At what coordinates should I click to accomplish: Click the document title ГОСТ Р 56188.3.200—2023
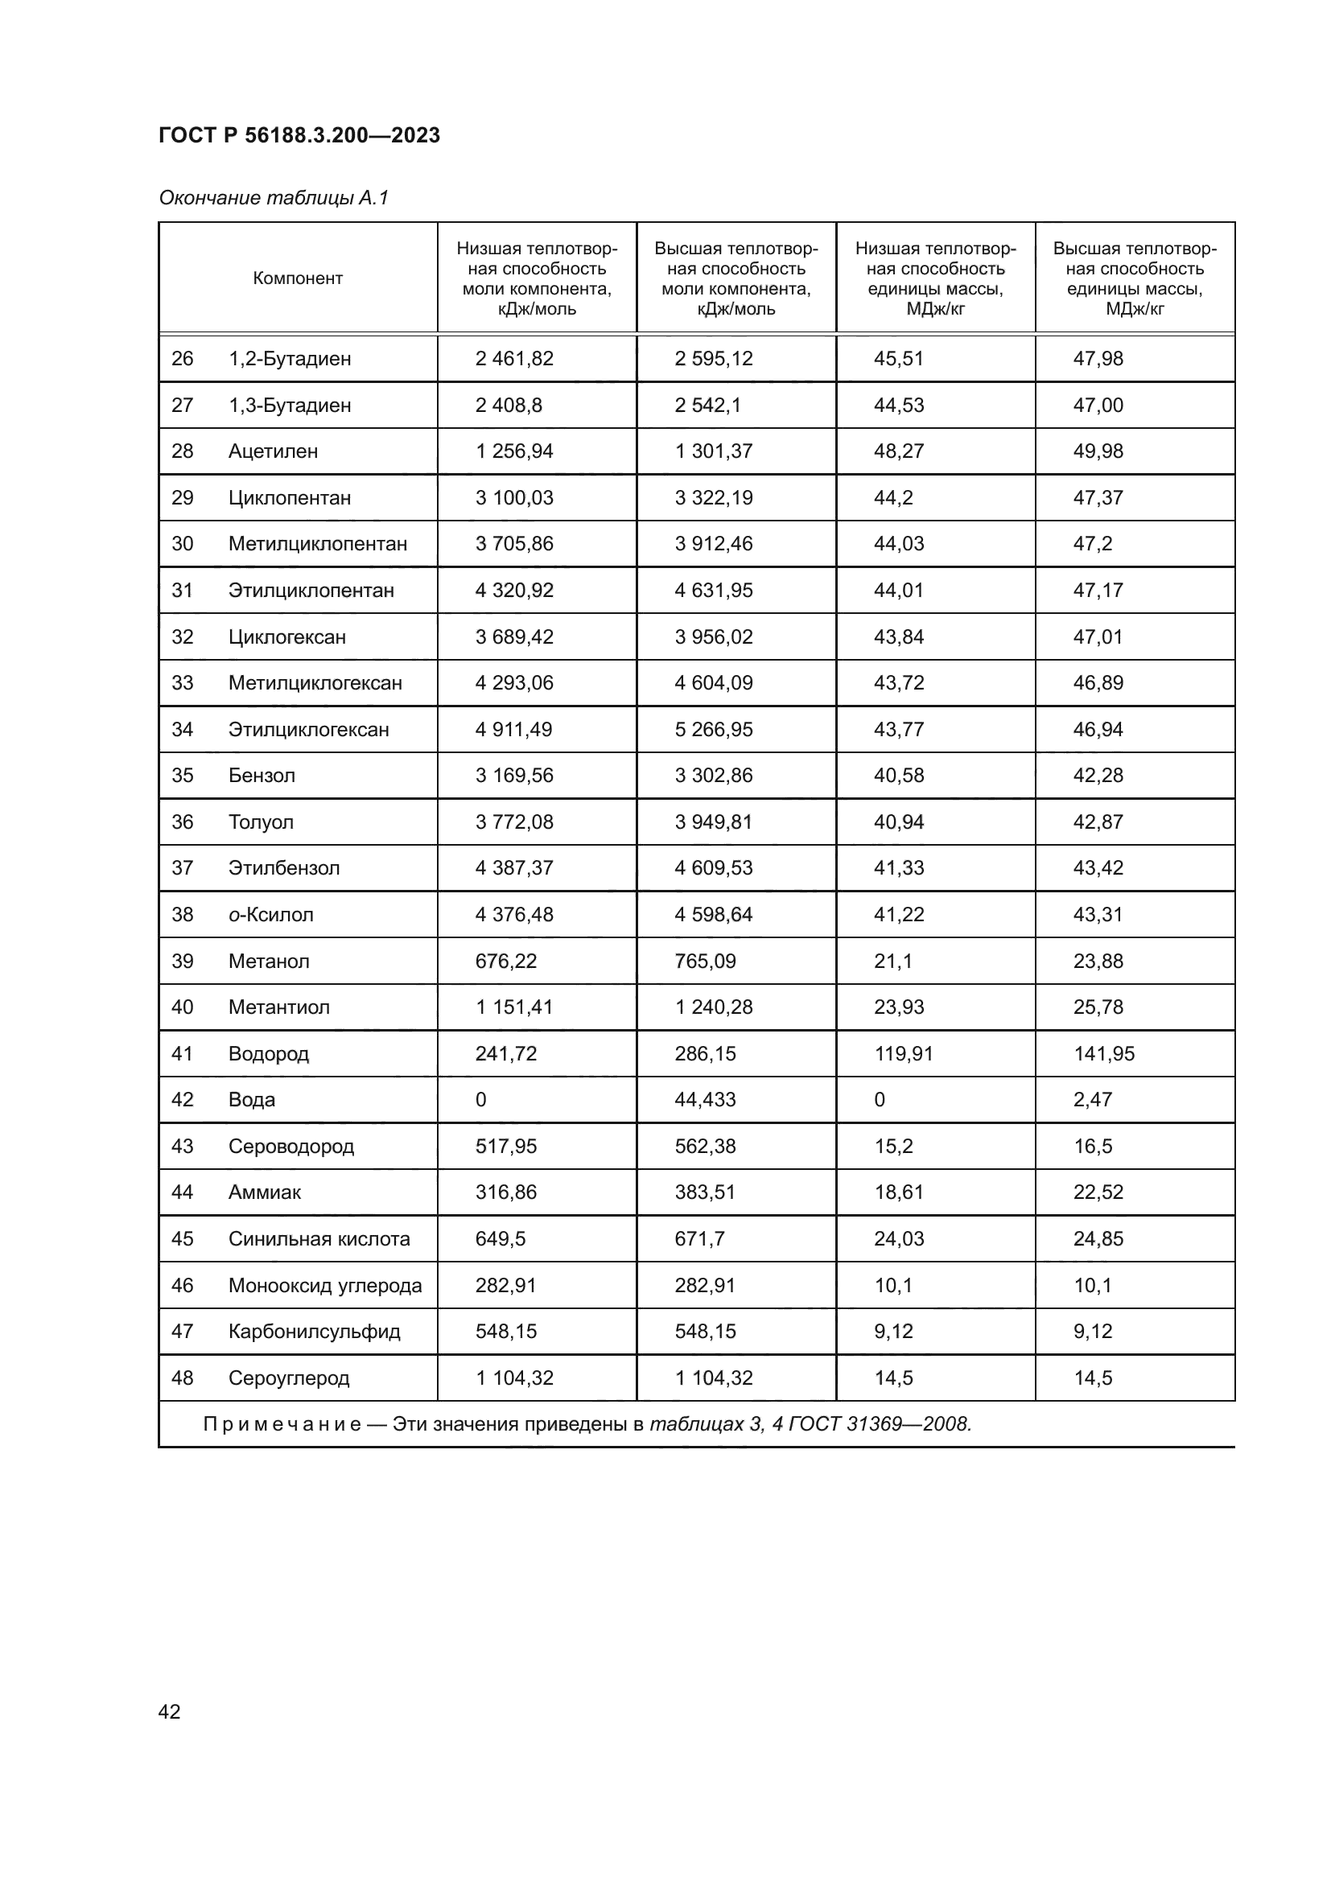tap(299, 135)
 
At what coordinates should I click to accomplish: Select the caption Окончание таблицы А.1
tap(273, 198)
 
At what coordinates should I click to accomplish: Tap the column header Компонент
tap(298, 278)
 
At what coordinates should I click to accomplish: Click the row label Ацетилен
tap(273, 451)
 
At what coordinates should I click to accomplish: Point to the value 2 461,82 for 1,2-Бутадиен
tap(514, 358)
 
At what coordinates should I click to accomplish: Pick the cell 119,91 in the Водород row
tap(903, 1053)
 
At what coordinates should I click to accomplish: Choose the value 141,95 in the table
tap(1104, 1053)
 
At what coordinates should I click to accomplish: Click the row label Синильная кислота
tap(319, 1238)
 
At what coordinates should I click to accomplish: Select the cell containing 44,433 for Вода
tap(705, 1099)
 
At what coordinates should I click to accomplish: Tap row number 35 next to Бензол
tap(182, 776)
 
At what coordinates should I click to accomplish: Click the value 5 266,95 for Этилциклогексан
tap(713, 730)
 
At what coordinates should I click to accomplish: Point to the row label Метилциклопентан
tap(317, 543)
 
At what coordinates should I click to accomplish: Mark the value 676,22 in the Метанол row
tap(505, 961)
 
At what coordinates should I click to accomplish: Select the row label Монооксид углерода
tap(324, 1285)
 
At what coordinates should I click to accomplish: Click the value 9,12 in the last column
tap(1093, 1331)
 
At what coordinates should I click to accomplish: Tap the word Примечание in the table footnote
tap(282, 1424)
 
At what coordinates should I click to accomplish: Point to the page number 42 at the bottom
tap(169, 1711)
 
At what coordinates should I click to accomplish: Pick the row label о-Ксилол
tap(270, 915)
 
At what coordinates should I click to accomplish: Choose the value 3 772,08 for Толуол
tap(514, 822)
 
